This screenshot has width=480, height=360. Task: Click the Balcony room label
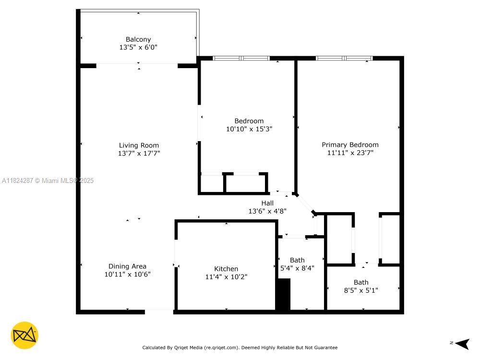[x=138, y=39]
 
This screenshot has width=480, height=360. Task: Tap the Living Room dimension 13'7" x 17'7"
[x=139, y=153]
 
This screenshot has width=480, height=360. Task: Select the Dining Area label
[x=127, y=266]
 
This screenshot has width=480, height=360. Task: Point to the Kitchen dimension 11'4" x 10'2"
[x=226, y=277]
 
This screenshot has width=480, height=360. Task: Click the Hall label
[x=267, y=203]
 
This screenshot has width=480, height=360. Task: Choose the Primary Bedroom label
[x=350, y=145]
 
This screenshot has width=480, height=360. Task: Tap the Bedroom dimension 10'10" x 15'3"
[x=249, y=129]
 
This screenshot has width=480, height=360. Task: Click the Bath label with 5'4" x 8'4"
[x=297, y=260]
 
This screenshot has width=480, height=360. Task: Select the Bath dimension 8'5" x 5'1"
[x=361, y=290]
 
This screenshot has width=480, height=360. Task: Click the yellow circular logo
[x=24, y=335]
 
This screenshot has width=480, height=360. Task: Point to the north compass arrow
[x=462, y=344]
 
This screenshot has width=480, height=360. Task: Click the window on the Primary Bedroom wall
[x=344, y=58]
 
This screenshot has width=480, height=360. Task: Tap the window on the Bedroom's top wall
[x=241, y=58]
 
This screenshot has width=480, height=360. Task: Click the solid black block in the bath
[x=284, y=294]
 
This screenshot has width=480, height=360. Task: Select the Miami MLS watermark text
[x=48, y=180]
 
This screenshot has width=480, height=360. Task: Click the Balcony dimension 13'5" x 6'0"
[x=138, y=47]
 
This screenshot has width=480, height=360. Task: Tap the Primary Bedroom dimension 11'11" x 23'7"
[x=350, y=153]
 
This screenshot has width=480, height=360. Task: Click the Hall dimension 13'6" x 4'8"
[x=267, y=211]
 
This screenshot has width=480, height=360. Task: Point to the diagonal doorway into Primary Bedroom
[x=305, y=203]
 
